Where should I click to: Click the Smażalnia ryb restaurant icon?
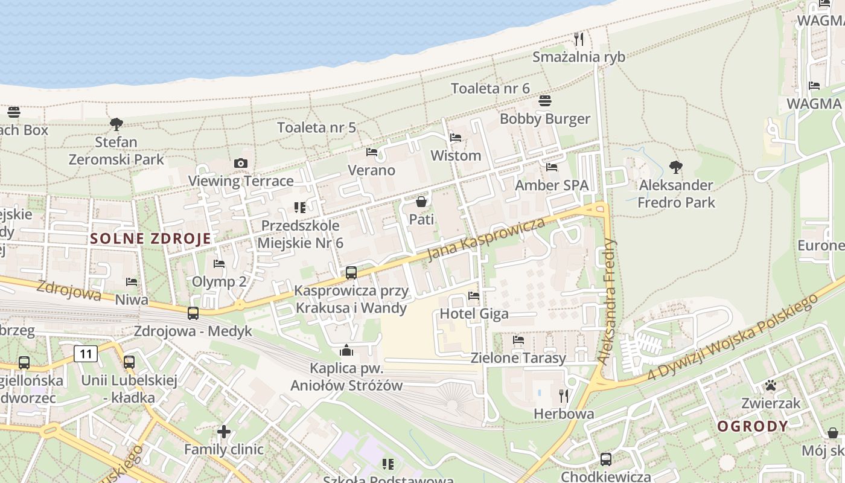(579, 39)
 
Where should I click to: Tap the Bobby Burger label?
(544, 119)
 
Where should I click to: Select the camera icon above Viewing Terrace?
(240, 163)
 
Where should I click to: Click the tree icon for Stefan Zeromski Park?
(116, 124)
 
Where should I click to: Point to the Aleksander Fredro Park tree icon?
(676, 167)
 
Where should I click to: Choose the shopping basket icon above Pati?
(421, 201)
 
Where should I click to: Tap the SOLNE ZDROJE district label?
(151, 238)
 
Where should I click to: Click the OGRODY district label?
(753, 426)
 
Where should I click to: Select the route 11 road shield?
(86, 353)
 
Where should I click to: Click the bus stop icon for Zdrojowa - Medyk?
(193, 313)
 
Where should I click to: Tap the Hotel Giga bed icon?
(474, 296)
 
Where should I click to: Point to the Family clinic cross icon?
(224, 431)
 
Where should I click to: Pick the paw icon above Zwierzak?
(771, 385)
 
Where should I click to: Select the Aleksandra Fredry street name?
(608, 302)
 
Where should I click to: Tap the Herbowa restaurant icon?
(564, 396)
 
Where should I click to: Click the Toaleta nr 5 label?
(316, 127)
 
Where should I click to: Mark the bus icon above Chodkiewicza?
(606, 459)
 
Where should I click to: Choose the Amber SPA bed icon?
(551, 167)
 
